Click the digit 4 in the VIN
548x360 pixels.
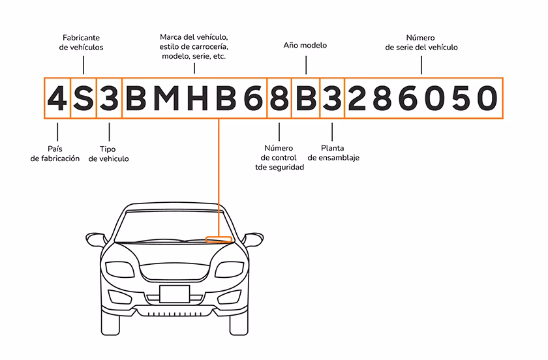click(57, 98)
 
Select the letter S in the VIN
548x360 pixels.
click(84, 98)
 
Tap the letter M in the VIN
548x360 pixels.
click(168, 98)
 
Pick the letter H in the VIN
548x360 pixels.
click(198, 98)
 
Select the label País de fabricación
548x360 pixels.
click(55, 154)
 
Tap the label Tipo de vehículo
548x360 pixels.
click(109, 154)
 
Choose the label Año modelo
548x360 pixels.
click(305, 46)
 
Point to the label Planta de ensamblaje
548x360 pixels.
click(333, 153)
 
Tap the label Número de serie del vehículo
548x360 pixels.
click(421, 42)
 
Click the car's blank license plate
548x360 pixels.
click(174, 294)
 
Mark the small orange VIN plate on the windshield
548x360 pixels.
click(219, 239)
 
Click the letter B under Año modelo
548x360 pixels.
click(306, 98)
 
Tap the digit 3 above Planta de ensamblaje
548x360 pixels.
click(333, 98)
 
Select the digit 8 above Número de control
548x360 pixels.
click(279, 98)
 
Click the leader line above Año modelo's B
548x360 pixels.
click(305, 64)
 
